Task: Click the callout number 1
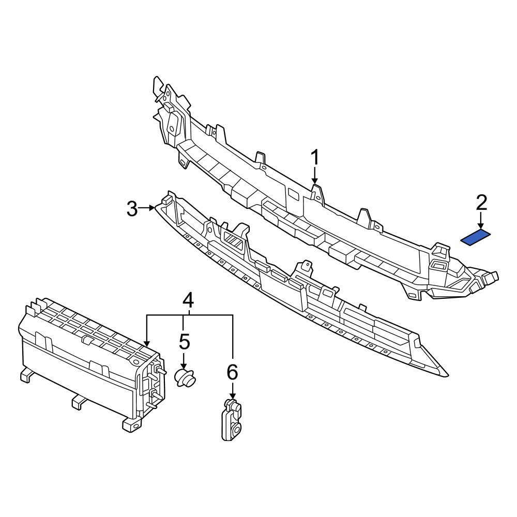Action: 315,159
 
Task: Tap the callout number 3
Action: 132,209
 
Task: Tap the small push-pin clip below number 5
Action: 186,377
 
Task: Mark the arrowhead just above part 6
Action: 232,396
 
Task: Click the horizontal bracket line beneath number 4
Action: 189,315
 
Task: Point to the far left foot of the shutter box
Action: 24,376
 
